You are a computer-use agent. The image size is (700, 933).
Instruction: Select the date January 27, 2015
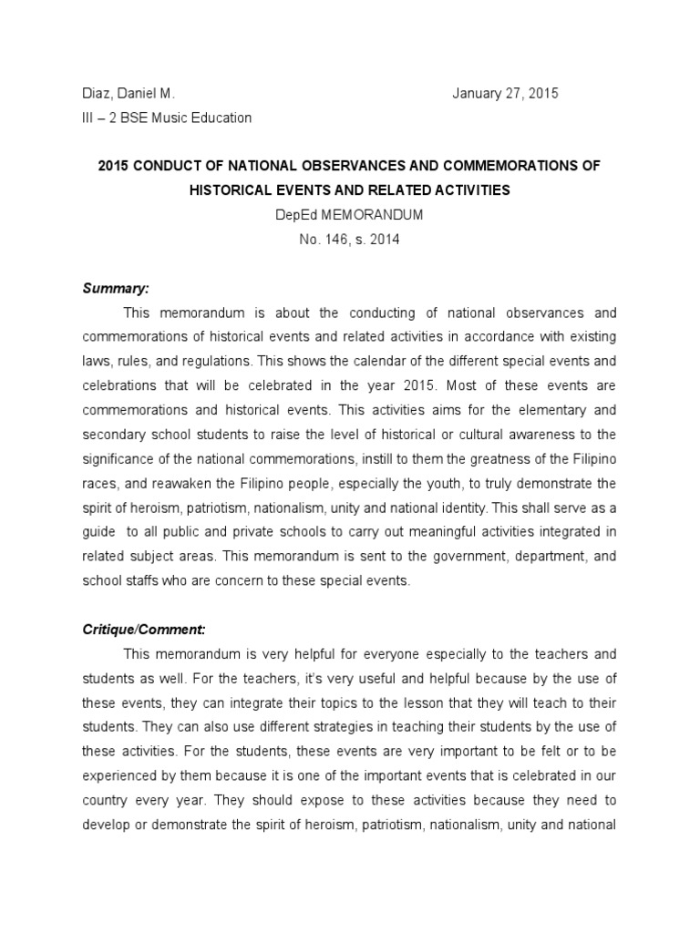[505, 94]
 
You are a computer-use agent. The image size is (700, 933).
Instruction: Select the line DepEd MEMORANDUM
[350, 216]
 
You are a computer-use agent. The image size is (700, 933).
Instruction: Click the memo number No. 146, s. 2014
[350, 240]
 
